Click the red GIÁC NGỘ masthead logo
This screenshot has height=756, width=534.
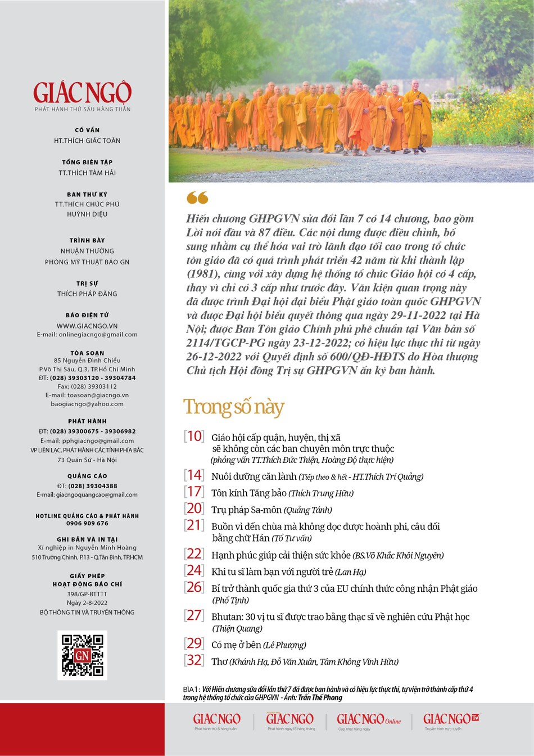[82, 93]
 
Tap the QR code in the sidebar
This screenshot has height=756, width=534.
[82, 655]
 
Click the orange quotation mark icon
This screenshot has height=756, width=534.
[197, 197]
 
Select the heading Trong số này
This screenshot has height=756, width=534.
[234, 406]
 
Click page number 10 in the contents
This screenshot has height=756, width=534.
[194, 436]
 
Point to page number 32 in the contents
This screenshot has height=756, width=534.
[194, 660]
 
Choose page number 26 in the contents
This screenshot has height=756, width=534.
[194, 587]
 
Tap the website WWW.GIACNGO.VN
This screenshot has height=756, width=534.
[87, 326]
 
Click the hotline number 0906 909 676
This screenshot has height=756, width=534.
[87, 523]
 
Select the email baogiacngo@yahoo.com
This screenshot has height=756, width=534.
[87, 404]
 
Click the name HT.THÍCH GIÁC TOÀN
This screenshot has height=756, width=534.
[87, 141]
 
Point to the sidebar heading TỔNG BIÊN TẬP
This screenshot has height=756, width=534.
[87, 162]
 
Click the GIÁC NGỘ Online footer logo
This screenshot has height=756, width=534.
[368, 719]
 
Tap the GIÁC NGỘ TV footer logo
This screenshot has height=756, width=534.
[452, 719]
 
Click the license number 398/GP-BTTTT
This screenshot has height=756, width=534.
[87, 594]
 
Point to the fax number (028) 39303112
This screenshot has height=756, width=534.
[87, 386]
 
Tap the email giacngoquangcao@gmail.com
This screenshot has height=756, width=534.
[87, 495]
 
